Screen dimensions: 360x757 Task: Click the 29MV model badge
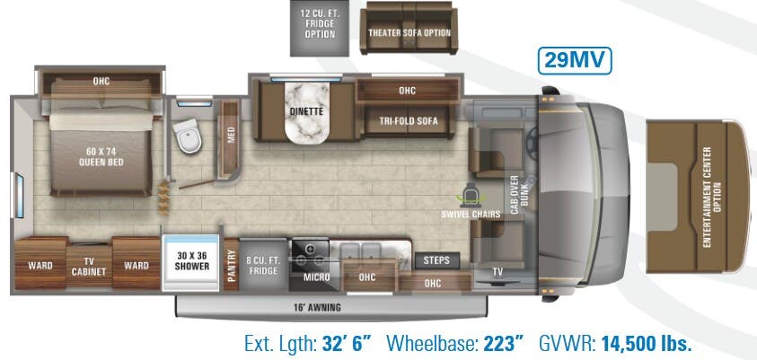click(575, 60)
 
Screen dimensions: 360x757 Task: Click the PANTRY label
click(231, 267)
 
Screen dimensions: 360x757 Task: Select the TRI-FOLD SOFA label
click(408, 122)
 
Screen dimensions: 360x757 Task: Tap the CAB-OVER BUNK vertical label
click(516, 191)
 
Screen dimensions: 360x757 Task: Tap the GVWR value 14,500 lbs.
click(645, 344)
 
